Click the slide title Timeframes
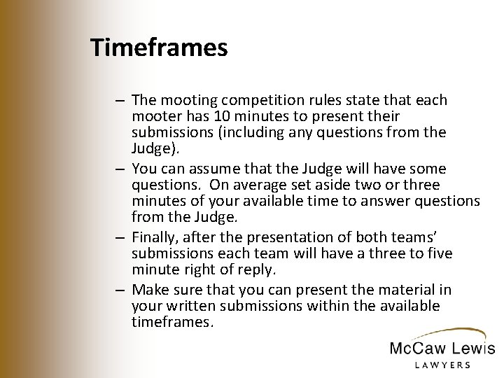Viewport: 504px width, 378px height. (159, 48)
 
